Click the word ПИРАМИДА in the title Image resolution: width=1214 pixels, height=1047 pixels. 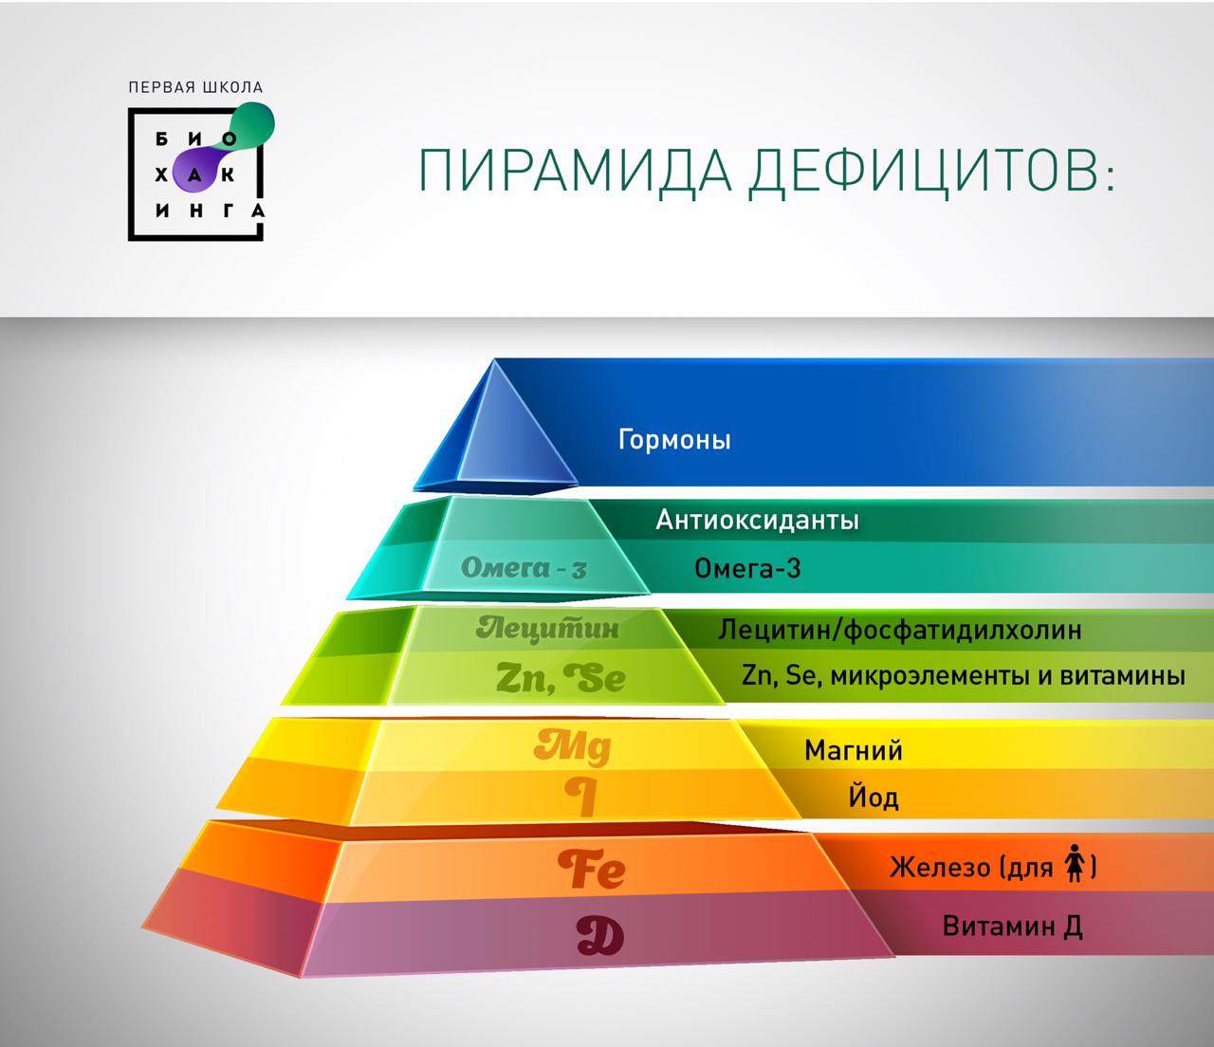575,171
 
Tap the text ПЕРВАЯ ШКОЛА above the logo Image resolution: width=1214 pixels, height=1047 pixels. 195,87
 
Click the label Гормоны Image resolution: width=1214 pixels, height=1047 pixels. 674,440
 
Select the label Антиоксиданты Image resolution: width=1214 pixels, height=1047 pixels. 757,520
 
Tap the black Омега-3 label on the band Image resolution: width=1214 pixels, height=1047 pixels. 747,568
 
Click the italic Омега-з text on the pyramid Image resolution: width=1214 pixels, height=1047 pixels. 524,567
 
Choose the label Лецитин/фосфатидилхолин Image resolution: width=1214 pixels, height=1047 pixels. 899,630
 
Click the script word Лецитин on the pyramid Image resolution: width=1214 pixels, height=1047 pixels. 547,629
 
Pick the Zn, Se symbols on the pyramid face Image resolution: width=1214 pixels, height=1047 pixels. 561,678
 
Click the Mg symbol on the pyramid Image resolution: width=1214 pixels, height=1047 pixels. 573,747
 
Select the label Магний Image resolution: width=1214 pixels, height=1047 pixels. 853,750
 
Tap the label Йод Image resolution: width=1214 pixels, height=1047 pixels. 874,797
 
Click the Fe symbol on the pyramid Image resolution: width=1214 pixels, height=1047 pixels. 592,869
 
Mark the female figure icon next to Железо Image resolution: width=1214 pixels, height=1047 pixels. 1076,863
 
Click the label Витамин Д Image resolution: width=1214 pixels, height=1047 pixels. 1013,927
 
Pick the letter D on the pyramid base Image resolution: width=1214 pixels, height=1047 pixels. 599,936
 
